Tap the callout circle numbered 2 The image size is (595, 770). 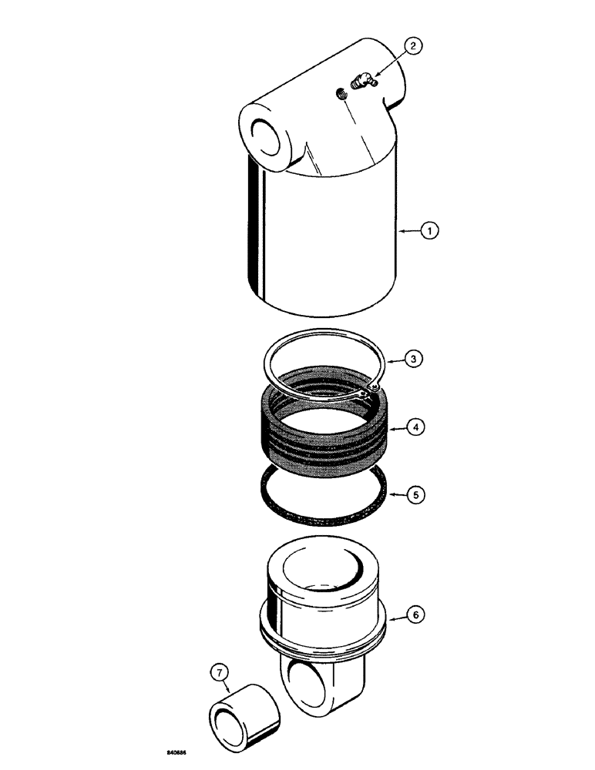coord(413,47)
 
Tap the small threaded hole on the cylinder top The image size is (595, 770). coord(339,94)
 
